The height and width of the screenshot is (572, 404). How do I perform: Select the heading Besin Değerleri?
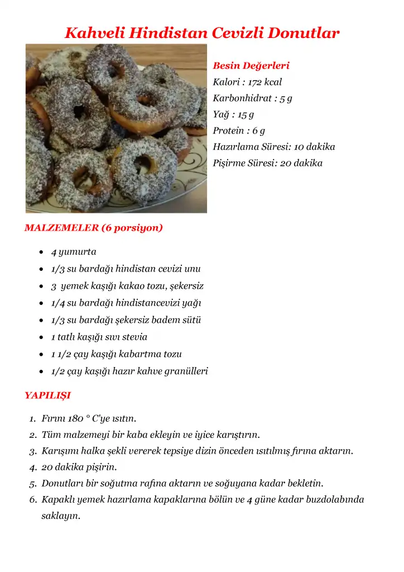251,66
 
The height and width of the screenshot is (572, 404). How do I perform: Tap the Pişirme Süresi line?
267,163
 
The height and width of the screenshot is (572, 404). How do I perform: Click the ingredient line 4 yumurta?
74,252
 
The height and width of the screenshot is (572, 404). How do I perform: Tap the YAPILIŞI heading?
47,395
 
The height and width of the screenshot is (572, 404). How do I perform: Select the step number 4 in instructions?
32,467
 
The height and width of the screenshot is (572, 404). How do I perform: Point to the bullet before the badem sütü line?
41,321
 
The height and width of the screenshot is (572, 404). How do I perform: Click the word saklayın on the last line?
60,516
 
